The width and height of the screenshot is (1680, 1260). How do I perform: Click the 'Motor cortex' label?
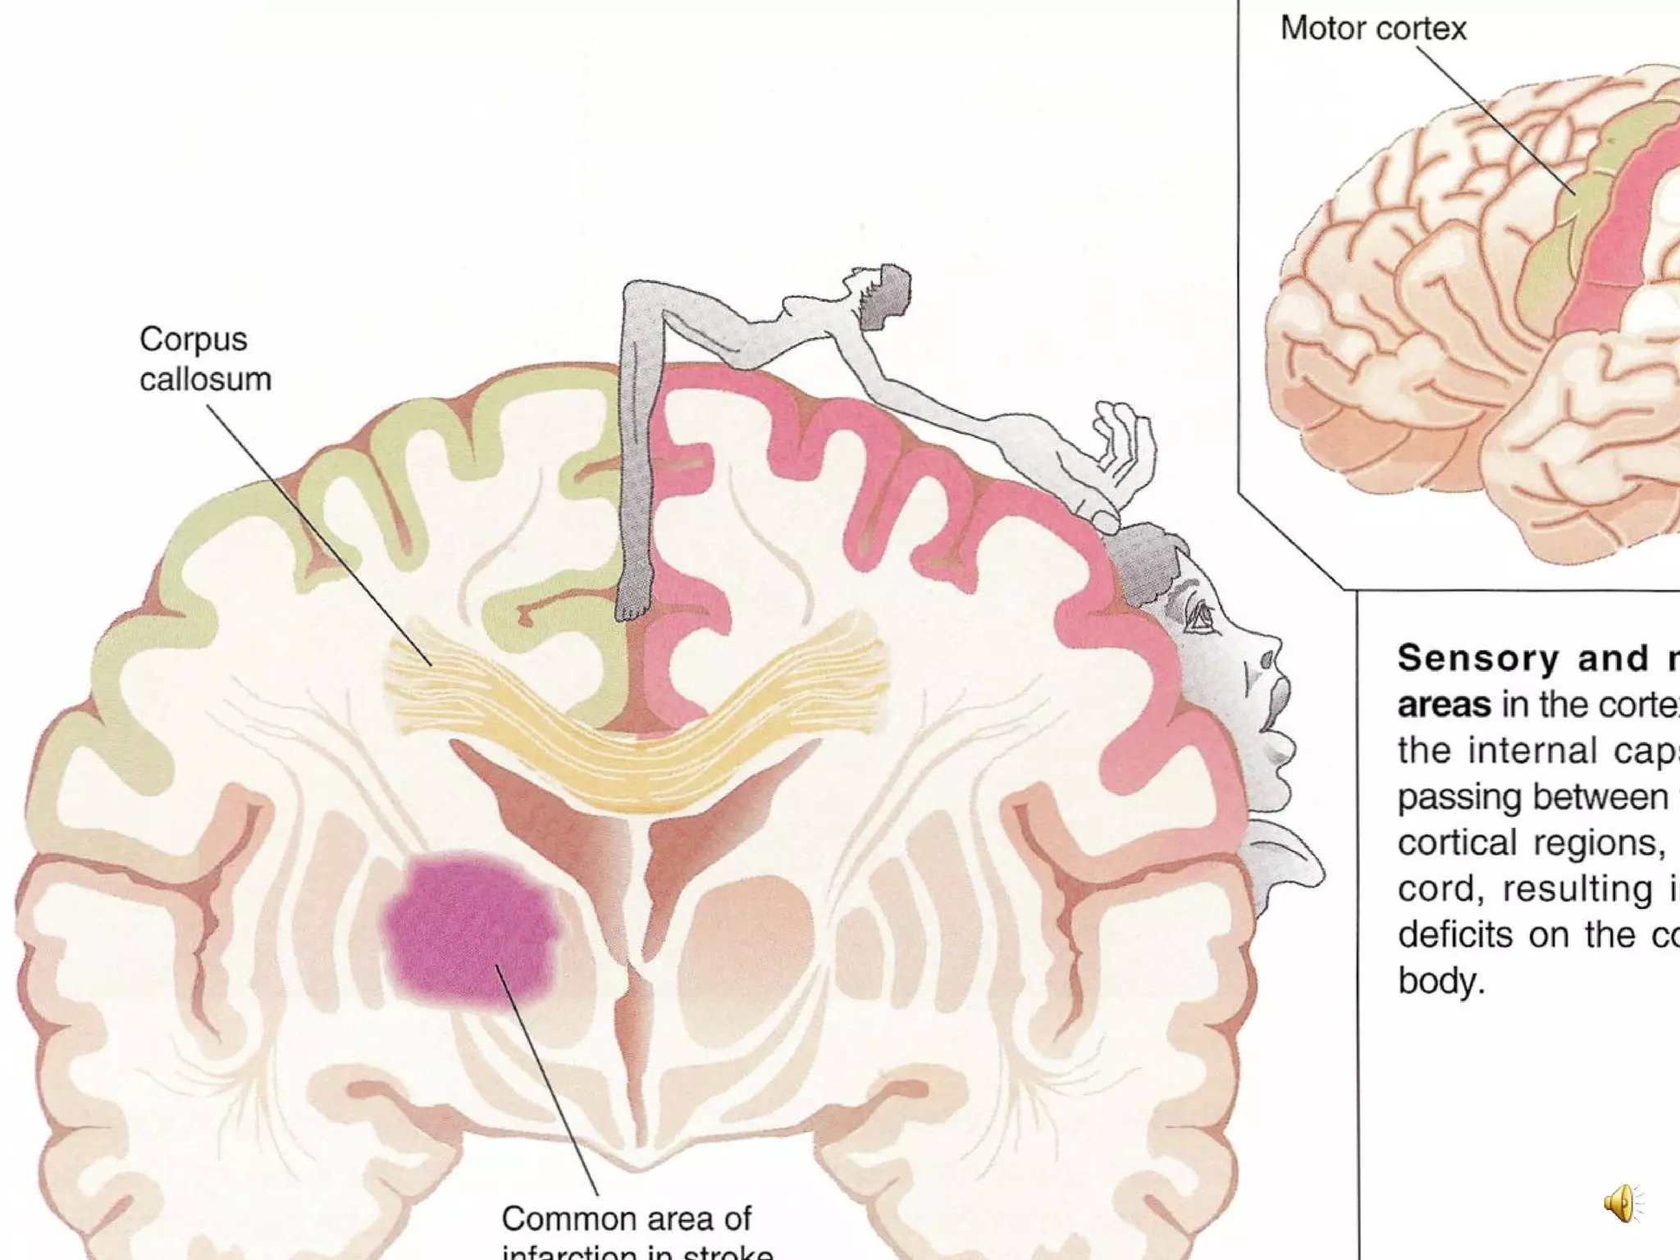point(1372,29)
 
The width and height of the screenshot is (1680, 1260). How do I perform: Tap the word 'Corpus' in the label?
point(193,340)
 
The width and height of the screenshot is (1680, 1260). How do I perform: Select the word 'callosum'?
point(205,380)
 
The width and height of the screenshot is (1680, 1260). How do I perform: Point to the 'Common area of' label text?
point(626,1218)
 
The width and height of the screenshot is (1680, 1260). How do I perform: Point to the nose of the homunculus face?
point(1267,656)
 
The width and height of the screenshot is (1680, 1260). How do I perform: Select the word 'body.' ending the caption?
point(1441,981)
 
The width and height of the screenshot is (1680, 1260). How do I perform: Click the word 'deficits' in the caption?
point(1454,935)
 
